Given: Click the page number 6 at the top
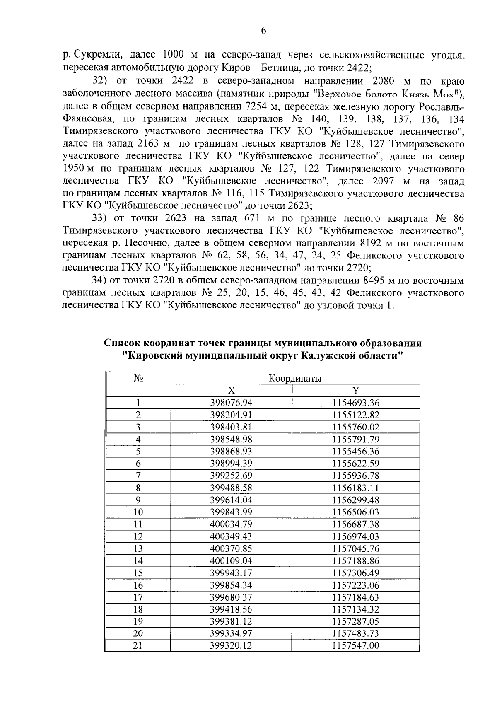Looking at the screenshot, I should pos(263,31).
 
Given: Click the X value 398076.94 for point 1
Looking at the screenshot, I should pos(231,403).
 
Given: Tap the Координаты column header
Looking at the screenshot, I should pos(295,379).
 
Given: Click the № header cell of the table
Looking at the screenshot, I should pos(138,379).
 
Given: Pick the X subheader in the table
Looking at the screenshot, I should pos(231,391).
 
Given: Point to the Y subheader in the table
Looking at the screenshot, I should pos(356,391).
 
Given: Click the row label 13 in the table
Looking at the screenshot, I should pos(138,548).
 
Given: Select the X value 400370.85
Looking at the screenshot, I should pos(231,548).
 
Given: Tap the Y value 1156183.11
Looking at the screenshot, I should pos(356,488).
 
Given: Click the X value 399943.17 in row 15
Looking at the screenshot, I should pos(231,573).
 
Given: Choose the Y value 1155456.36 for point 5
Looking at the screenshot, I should pos(356,451).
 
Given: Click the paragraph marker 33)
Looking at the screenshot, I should pos(99,218).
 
